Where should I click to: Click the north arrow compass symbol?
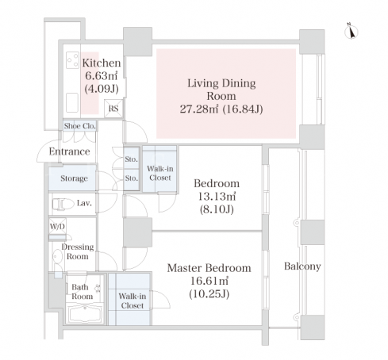pos(352,31)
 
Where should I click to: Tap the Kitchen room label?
pos(102,63)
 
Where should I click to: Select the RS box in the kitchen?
pos(113,109)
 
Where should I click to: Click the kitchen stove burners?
pos(72,60)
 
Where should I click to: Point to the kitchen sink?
pos(72,102)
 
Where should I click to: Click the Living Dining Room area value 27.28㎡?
pos(199,109)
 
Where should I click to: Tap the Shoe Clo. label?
pos(79,126)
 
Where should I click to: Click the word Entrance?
pos(69,151)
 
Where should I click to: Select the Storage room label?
pos(74,178)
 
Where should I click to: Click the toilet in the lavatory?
pos(63,205)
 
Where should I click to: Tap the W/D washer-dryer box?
pos(57,226)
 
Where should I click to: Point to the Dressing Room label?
pos(78,251)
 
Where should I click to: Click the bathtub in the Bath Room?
pos(85,313)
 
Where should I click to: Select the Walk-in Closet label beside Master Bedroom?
pos(133,301)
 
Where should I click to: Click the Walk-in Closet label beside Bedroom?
pos(160,173)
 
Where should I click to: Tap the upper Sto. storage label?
pos(132,159)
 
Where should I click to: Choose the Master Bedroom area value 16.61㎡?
pos(209,281)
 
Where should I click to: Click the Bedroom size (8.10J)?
pos(217,209)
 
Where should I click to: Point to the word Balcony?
pos(302,266)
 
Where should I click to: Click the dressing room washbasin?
pos(57,256)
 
